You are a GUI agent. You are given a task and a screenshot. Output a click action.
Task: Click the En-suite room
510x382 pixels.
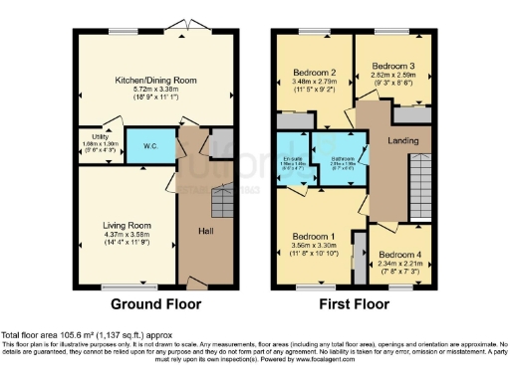[293, 164]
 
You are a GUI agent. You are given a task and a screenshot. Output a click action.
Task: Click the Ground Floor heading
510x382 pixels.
[155, 303]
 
